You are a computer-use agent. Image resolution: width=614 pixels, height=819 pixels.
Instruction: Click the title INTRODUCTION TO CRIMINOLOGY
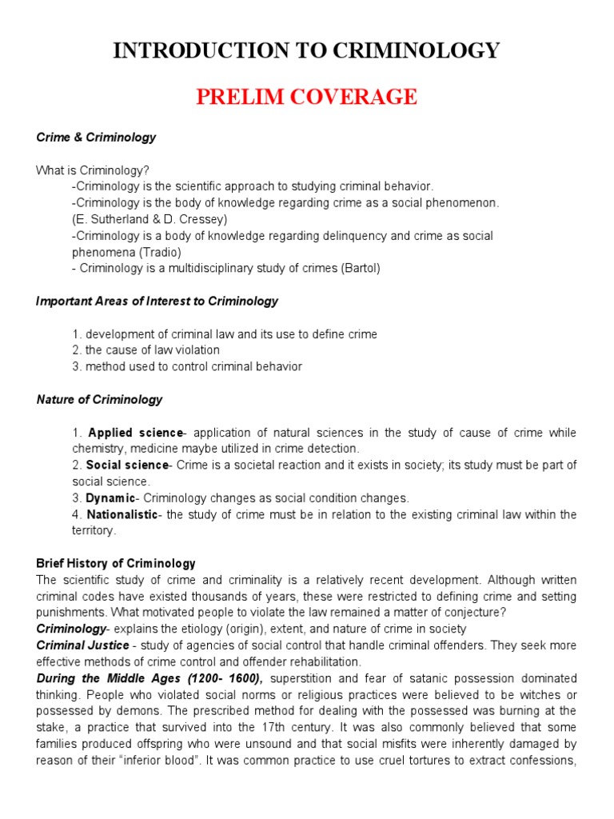pyautogui.click(x=306, y=51)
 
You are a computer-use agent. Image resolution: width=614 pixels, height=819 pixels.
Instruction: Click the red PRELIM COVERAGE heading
pyautogui.click(x=306, y=97)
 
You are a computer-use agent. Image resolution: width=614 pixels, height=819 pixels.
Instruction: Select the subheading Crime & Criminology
pyautogui.click(x=96, y=138)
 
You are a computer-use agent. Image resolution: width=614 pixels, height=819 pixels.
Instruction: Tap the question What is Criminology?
pyautogui.click(x=93, y=170)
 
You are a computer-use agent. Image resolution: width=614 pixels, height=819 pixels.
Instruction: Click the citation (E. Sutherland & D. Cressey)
pyautogui.click(x=150, y=219)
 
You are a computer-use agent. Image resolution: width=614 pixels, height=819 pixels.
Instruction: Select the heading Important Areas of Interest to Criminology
pyautogui.click(x=157, y=302)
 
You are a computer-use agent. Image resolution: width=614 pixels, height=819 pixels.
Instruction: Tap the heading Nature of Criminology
pyautogui.click(x=99, y=400)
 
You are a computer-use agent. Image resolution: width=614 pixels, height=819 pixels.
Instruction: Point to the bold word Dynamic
pyautogui.click(x=111, y=498)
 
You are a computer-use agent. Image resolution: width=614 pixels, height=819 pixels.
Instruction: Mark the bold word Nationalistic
pyautogui.click(x=122, y=514)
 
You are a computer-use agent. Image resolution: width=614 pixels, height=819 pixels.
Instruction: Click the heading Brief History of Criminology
pyautogui.click(x=116, y=564)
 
